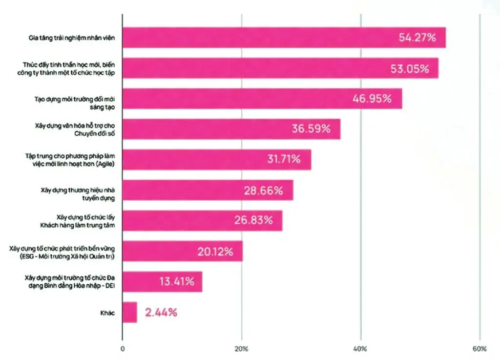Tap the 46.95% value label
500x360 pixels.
tap(372, 99)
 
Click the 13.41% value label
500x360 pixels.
tap(177, 281)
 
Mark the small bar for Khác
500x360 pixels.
tap(130, 312)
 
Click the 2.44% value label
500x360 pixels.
tap(161, 313)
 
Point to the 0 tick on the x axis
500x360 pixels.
tap(122, 349)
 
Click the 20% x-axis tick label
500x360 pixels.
tap(242, 349)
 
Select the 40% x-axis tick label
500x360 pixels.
tap(361, 349)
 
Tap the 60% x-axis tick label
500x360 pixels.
tap(480, 349)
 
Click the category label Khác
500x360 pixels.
tap(108, 313)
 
